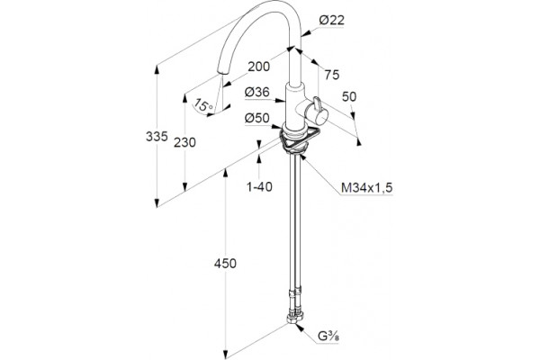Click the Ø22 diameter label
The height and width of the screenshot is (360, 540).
(331, 20)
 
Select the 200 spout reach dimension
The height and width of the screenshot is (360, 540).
(258, 67)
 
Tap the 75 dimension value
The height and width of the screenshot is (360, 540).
(332, 75)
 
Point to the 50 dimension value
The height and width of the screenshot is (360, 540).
(349, 97)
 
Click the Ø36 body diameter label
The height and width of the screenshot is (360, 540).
(256, 92)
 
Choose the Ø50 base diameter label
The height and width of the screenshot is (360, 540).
(256, 118)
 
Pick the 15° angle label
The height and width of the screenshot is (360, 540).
(203, 104)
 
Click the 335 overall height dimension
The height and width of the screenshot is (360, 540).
(157, 137)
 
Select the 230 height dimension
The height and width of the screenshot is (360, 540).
(184, 142)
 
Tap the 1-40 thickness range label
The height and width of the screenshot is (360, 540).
(260, 186)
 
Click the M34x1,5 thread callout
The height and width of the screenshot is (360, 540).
(367, 188)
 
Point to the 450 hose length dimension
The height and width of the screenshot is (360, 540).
(225, 264)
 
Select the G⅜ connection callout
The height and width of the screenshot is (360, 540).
(328, 336)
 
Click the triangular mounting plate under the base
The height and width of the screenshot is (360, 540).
(299, 139)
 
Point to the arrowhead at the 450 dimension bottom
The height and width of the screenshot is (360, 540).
(226, 355)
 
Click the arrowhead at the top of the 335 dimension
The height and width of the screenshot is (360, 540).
(157, 69)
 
